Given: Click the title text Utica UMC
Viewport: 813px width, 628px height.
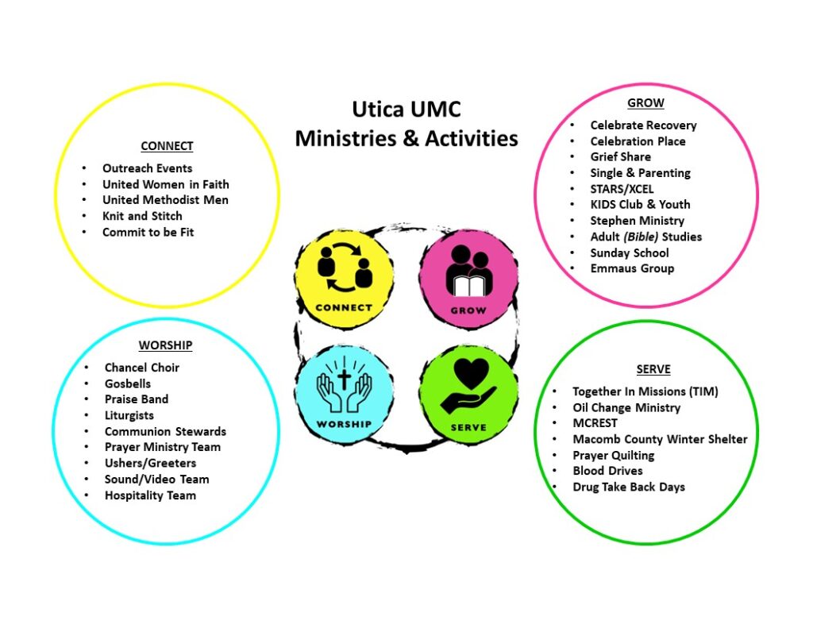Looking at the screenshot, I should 406,109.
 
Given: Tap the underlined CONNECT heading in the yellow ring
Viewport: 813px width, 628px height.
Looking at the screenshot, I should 167,146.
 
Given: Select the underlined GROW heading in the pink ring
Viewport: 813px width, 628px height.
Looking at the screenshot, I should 645,103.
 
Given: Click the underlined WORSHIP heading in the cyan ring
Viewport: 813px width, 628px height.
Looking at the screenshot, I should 165,345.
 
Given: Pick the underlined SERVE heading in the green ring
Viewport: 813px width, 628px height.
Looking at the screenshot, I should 653,369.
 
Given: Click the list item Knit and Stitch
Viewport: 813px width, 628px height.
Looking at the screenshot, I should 142,216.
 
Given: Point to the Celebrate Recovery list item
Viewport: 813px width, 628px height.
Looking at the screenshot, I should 643,125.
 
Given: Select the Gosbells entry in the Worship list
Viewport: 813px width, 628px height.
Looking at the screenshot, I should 127,383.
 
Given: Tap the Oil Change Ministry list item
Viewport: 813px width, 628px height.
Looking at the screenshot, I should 626,407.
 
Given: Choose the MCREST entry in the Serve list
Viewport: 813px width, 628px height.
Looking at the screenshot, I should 595,423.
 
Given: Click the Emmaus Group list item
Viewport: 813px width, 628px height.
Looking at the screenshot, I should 632,268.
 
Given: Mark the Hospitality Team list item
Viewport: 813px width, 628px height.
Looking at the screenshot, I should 150,495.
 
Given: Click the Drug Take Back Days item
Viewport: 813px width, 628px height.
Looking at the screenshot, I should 628,487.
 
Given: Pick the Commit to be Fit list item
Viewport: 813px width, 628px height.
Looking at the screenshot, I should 148,232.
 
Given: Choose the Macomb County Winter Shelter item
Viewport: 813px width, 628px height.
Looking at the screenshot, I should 660,439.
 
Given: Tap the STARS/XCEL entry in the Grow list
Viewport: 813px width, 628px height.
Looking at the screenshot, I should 622,189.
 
